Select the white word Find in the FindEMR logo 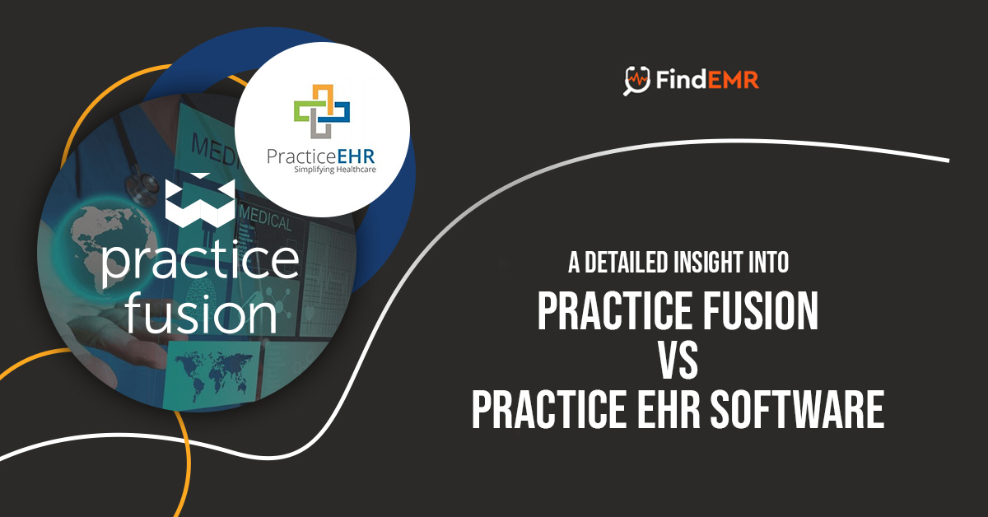[678, 81]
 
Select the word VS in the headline [677, 360]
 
